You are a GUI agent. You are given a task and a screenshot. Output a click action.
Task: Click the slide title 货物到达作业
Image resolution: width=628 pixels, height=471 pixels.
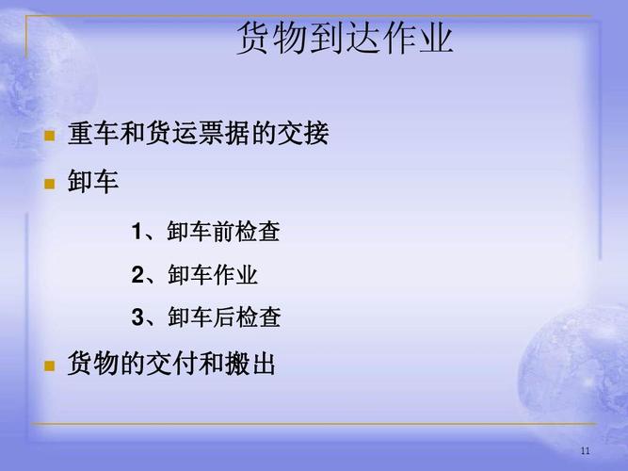coord(345,39)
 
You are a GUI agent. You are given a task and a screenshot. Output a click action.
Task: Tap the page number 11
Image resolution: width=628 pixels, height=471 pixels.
coord(585,451)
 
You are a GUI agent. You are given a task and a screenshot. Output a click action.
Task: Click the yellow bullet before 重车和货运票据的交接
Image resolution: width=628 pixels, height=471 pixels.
coord(50,136)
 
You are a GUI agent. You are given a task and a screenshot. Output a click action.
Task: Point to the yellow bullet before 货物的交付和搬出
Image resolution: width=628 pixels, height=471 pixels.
coord(50,365)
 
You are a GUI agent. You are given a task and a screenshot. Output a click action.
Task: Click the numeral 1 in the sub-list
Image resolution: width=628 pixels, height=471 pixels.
coord(137,232)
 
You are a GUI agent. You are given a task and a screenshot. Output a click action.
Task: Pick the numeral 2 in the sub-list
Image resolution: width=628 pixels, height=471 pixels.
coord(137,276)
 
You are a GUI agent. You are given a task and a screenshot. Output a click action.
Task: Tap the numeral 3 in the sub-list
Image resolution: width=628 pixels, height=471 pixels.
coord(137,318)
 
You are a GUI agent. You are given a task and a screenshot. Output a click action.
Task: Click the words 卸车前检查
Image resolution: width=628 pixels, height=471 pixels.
coord(224,232)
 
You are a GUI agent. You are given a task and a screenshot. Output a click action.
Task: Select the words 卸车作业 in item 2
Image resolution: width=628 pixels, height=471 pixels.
coord(213,276)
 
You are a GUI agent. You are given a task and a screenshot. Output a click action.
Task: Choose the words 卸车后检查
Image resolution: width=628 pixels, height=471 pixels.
coord(224,318)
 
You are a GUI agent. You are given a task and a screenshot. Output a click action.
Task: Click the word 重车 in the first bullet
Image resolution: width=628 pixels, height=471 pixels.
coord(93,134)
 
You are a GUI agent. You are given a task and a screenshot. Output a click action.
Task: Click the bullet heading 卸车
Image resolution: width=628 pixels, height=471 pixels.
coord(93,182)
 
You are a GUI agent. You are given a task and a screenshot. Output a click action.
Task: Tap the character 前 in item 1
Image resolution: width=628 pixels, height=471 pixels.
coord(224,232)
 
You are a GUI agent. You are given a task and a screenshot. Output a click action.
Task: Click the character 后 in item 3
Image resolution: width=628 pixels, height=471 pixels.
coord(224,318)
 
